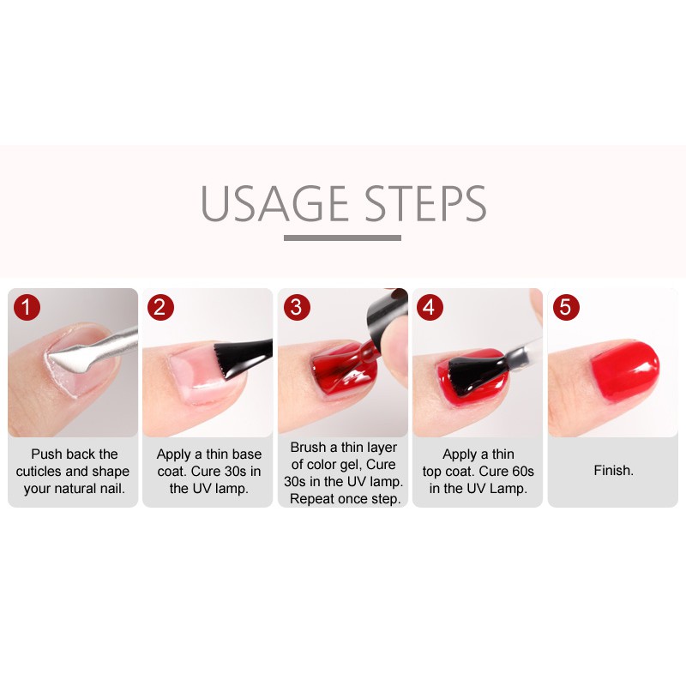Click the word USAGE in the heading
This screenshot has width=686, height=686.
[x=274, y=203]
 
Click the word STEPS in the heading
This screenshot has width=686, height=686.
[x=425, y=203]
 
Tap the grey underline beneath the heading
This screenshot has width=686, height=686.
[x=342, y=238]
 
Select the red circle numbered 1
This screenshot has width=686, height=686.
[x=27, y=307]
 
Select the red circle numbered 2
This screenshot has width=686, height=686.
[x=160, y=307]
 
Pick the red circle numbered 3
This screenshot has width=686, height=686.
[x=297, y=307]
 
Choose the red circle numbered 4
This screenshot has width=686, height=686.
[x=430, y=307]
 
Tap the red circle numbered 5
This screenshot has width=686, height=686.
[x=566, y=307]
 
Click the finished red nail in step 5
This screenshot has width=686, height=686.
[x=625, y=371]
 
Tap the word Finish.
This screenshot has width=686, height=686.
[x=613, y=470]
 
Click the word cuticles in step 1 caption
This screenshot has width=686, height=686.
[x=39, y=471]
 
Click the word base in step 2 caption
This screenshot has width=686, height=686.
[x=248, y=454]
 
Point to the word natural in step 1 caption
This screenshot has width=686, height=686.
[x=74, y=488]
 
